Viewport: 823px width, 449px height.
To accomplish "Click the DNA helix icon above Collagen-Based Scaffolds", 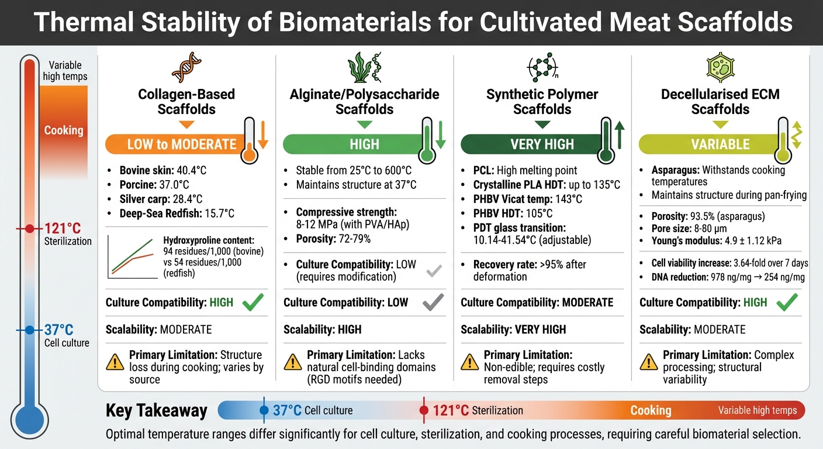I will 186,67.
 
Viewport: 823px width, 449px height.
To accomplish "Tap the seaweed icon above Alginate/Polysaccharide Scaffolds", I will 364,67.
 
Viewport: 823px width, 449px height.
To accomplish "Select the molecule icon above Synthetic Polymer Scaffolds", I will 542,68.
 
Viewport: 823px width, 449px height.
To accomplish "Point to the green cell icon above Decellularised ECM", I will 720,67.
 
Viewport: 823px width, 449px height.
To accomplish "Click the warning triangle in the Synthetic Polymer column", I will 469,362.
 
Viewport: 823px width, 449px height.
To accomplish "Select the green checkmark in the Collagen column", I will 252,302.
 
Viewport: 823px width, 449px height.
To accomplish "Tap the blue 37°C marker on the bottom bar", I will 265,410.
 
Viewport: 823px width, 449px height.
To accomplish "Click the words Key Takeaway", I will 156,410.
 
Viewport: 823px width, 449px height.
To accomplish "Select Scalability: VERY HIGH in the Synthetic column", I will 513,330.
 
